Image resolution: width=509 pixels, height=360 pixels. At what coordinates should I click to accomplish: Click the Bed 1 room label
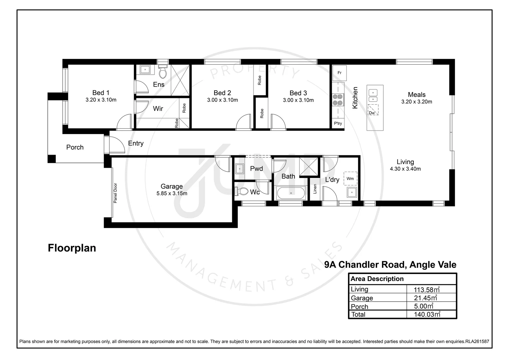pyautogui.click(x=101, y=93)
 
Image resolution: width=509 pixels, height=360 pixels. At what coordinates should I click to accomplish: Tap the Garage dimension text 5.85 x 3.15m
pyautogui.click(x=172, y=193)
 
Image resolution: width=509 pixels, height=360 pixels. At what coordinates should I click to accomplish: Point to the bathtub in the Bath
pyautogui.click(x=291, y=193)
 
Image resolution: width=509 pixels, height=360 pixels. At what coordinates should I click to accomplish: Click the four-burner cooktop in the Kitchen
pyautogui.click(x=338, y=99)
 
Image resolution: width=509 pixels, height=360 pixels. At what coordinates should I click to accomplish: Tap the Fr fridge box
pyautogui.click(x=339, y=73)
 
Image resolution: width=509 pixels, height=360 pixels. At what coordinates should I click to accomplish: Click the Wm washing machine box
pyautogui.click(x=350, y=179)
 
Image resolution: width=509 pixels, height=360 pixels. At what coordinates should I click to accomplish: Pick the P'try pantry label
pyautogui.click(x=338, y=123)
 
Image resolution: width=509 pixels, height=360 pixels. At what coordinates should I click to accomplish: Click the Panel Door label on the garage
pyautogui.click(x=115, y=193)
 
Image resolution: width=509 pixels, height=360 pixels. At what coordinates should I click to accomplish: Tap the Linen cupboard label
pyautogui.click(x=315, y=189)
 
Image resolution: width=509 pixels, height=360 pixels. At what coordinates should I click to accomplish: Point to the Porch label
pyautogui.click(x=75, y=147)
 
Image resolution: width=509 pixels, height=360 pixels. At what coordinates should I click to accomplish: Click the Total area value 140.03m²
pyautogui.click(x=427, y=314)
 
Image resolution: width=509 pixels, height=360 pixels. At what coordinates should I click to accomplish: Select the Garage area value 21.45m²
pyautogui.click(x=425, y=298)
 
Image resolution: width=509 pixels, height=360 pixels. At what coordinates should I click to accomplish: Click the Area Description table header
pyautogui.click(x=377, y=279)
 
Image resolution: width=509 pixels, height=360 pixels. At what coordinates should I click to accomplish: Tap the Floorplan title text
pyautogui.click(x=72, y=248)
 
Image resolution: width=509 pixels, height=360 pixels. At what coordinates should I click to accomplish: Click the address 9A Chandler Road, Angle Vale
pyautogui.click(x=390, y=265)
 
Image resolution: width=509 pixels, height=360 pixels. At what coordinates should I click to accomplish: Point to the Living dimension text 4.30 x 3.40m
pyautogui.click(x=405, y=169)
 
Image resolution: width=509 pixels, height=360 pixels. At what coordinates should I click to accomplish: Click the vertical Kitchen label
pyautogui.click(x=355, y=98)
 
